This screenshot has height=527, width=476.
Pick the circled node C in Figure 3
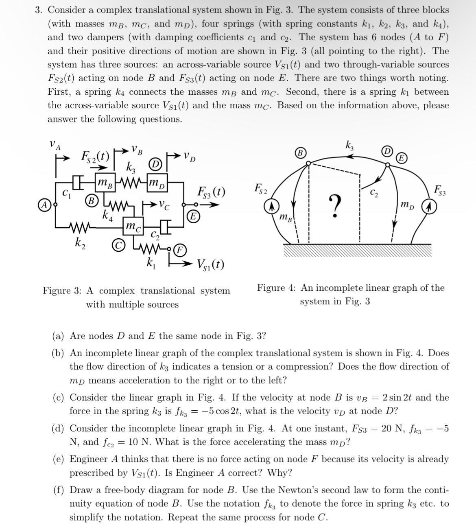pos(116,246)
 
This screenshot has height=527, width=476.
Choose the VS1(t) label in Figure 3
pos(210,265)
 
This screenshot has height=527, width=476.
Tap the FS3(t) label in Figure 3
pos(211,192)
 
